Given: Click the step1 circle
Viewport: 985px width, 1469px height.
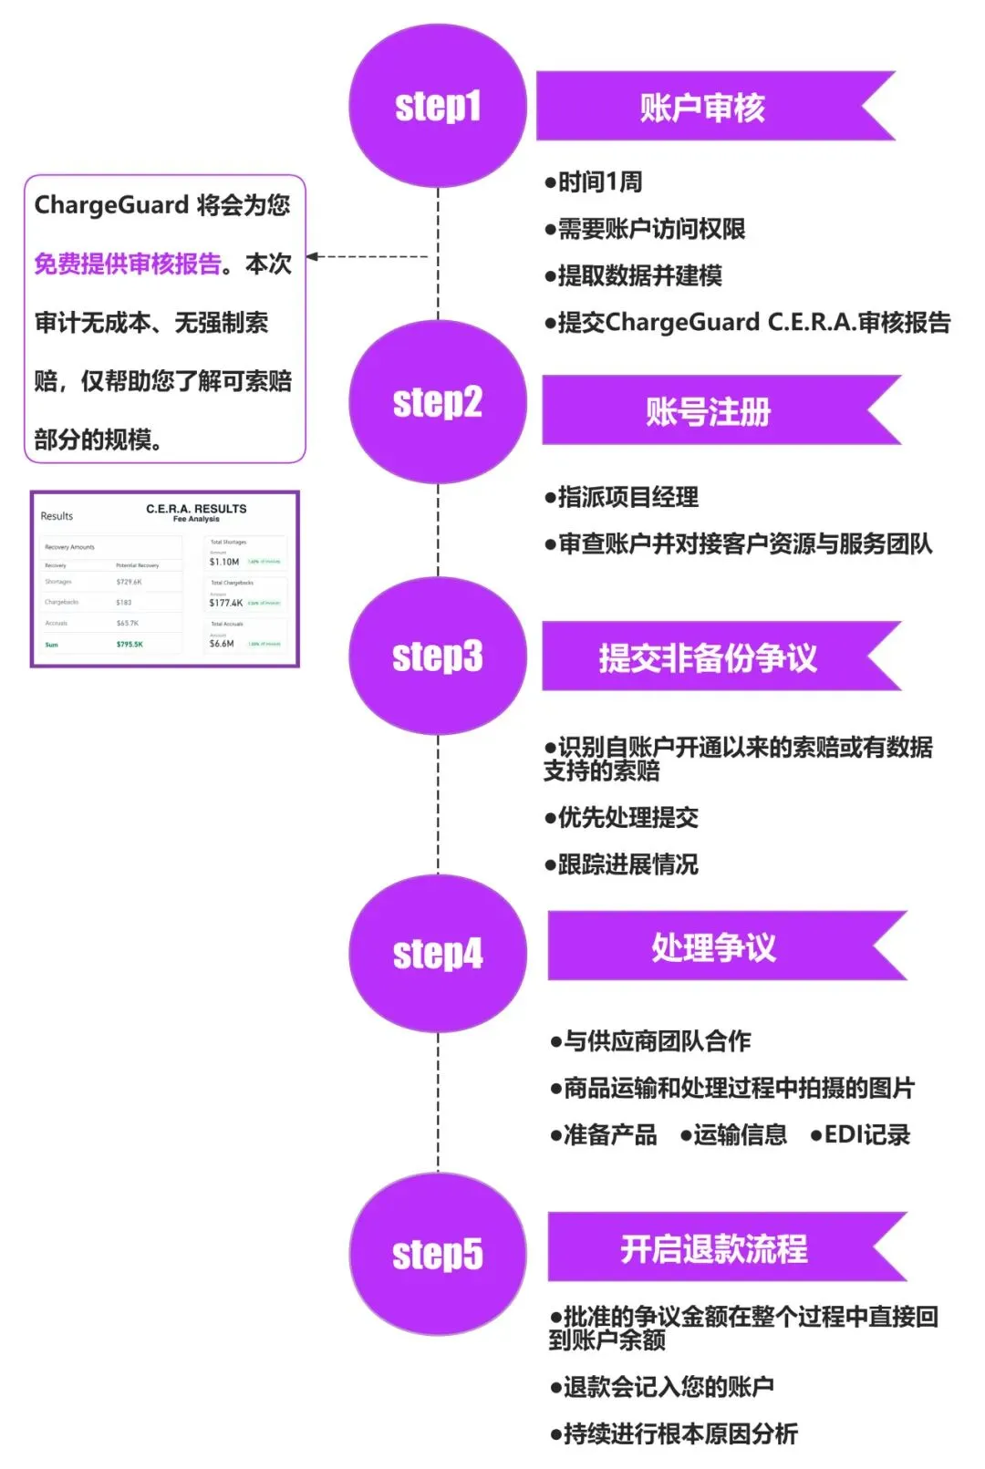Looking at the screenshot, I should tap(438, 106).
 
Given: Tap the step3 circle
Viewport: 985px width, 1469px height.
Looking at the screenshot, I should tap(438, 656).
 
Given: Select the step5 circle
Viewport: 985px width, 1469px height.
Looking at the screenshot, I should tap(438, 1254).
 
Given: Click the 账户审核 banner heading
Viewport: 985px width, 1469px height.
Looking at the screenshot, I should tap(702, 108).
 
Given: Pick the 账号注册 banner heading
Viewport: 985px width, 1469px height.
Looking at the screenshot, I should tap(708, 411).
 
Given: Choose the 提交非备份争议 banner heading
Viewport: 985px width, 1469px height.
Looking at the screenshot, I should tap(708, 657).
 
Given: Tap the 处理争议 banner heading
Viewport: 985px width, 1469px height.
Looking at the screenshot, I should tap(713, 947).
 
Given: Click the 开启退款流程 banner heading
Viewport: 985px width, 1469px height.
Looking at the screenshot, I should tap(713, 1248).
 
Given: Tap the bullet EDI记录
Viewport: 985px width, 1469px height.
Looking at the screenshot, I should tap(860, 1135).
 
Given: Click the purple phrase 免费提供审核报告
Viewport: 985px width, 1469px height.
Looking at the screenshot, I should tap(128, 264).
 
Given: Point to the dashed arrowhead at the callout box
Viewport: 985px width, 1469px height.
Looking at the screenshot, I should tap(313, 256).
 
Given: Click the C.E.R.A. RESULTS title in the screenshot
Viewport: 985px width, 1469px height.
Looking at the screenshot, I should tap(196, 509).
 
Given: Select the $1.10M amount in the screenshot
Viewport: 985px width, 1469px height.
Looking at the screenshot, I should tap(224, 562).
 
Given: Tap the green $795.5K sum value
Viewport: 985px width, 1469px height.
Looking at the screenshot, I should tap(130, 645).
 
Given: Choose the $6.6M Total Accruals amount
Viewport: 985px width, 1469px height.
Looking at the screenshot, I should tap(222, 644).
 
